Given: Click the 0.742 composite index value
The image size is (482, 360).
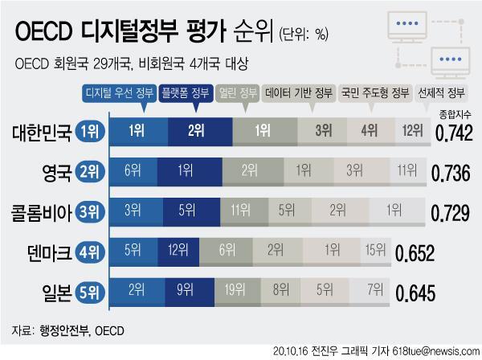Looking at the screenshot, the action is (454, 133).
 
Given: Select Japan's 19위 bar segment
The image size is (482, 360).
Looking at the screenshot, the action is (238, 292).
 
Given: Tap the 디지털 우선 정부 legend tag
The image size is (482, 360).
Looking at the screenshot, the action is (119, 93).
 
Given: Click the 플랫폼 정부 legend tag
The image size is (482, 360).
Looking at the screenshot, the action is (186, 93).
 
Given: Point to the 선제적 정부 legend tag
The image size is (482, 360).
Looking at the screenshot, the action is (441, 93).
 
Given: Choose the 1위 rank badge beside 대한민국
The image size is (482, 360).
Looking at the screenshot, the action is (90, 131).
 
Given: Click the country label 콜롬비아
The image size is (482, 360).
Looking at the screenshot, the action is (41, 212).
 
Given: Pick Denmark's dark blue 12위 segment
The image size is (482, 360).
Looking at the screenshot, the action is (178, 252).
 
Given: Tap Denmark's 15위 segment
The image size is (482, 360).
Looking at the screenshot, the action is (376, 252).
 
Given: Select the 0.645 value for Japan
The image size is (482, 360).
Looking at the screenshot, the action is (415, 293).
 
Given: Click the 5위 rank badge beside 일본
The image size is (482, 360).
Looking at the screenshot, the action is (90, 292).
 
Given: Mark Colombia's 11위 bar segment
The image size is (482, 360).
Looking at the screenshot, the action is (244, 212).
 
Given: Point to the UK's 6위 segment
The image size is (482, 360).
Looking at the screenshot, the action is (133, 171).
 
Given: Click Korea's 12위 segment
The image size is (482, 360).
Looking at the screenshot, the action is (413, 131).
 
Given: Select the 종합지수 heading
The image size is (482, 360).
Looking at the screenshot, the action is (455, 115).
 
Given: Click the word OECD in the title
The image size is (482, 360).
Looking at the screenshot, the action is (43, 31).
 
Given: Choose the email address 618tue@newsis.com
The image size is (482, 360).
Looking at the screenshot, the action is (435, 351).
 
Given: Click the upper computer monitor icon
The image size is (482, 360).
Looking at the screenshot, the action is (407, 27).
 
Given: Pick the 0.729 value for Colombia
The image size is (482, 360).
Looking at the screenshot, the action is (450, 213).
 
